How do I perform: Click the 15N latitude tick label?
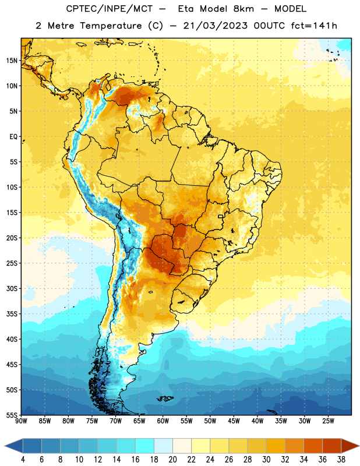[x=12, y=61]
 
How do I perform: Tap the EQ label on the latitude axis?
[x=13, y=137]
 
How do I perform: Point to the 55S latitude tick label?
[x=12, y=415]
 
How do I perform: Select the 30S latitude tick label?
[x=12, y=288]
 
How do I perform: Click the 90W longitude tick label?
[x=21, y=421]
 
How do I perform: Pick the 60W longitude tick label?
[x=163, y=421]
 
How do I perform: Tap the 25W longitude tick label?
[x=328, y=421]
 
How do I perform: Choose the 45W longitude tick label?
[x=234, y=421]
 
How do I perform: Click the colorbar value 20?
[x=172, y=460]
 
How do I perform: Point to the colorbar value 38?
[x=341, y=460]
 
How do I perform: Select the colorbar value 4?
[x=23, y=460]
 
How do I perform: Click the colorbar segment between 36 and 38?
[x=332, y=446]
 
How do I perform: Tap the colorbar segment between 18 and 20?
[x=164, y=446]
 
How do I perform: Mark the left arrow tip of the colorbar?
[x=5, y=446]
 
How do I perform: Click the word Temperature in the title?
[x=111, y=26]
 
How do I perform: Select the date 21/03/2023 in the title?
[x=215, y=26]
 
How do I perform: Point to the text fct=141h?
[x=314, y=26]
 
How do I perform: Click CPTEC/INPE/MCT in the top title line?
[x=110, y=9]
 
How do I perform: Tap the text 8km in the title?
[x=243, y=9]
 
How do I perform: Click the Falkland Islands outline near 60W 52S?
[x=165, y=398]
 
